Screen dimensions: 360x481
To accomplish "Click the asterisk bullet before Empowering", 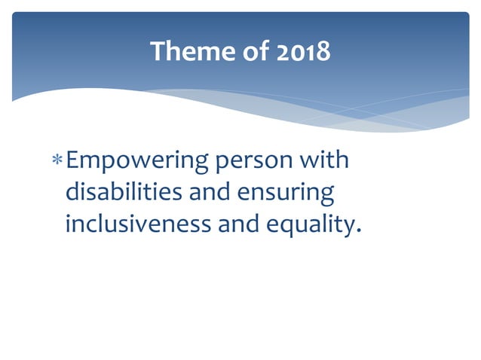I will point(58,161).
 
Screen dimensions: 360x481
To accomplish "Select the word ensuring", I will point(286,194).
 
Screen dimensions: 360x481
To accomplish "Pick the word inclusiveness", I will point(139,224).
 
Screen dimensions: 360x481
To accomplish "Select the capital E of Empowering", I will point(73,161).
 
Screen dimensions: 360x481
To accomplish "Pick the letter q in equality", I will point(285,227).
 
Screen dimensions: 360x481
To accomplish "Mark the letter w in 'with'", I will point(310,162).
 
